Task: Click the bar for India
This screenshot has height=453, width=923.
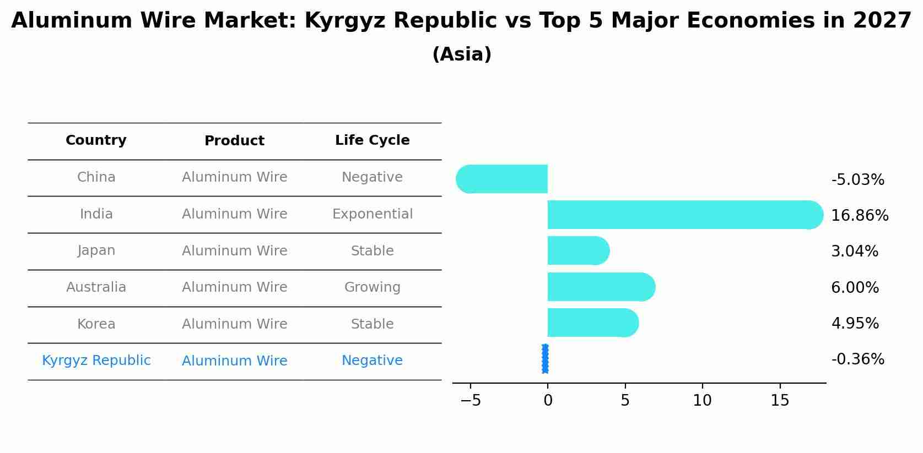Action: (683, 215)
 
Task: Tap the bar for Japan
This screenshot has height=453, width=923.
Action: (577, 250)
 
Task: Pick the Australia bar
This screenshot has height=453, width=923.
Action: (601, 287)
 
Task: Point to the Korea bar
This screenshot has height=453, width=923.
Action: (592, 323)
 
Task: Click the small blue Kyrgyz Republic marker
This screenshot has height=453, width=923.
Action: (545, 359)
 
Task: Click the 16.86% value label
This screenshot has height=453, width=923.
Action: (860, 216)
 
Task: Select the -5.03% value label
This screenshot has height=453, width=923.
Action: (857, 180)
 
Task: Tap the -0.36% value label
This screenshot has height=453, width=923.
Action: (857, 359)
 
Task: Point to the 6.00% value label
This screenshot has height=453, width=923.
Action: (855, 288)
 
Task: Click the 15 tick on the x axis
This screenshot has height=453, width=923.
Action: (780, 401)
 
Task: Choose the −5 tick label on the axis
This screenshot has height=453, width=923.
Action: (471, 401)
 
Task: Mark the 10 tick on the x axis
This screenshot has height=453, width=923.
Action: (702, 401)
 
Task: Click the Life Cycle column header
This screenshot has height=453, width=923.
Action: (372, 140)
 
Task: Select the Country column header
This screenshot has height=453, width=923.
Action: (96, 140)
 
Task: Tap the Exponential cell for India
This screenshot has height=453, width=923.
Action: (372, 214)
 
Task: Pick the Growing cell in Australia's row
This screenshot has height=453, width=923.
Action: (372, 287)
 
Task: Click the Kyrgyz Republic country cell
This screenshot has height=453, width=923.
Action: (96, 361)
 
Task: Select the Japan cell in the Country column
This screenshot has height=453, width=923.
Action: (96, 250)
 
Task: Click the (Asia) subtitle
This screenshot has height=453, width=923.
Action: (462, 54)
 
